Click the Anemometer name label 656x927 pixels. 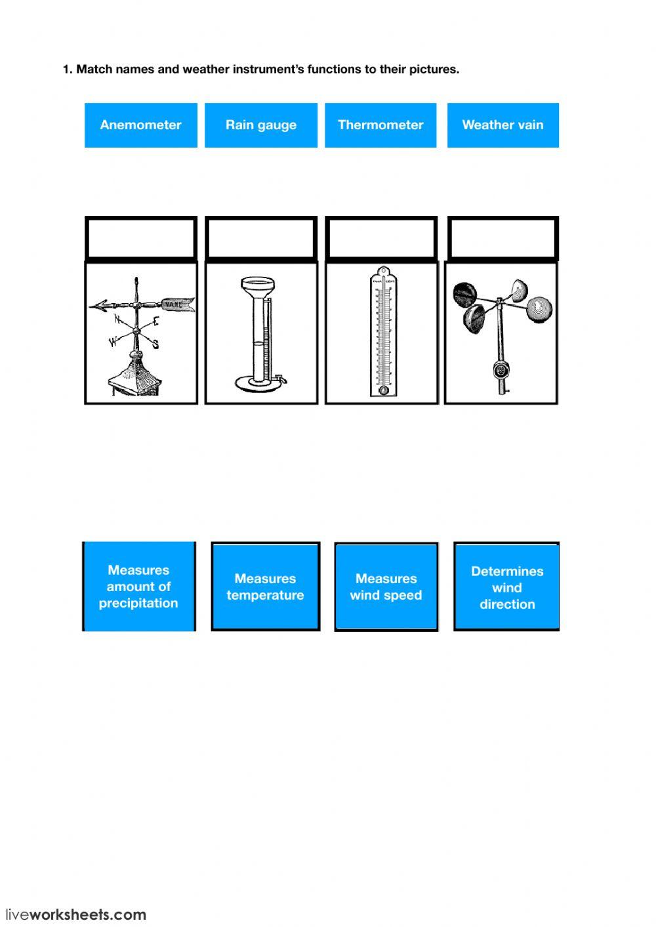(140, 125)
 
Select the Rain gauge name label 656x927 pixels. (260, 125)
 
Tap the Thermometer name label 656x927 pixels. (380, 125)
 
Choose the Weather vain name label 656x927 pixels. (502, 125)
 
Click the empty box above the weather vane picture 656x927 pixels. (141, 238)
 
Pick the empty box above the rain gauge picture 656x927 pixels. (261, 238)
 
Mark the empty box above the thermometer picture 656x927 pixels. (381, 238)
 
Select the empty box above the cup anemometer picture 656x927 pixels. (502, 238)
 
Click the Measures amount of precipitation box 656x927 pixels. (138, 587)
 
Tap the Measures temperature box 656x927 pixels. (265, 587)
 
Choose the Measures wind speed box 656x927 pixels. (386, 587)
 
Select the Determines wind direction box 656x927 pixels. (506, 587)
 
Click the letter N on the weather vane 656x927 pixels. (117, 319)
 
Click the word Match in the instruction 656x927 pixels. (94, 69)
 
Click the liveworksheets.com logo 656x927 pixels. (75, 914)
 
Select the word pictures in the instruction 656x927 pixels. (437, 69)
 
